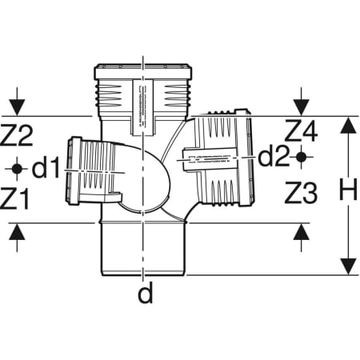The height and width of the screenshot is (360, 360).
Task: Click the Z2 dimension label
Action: (17, 135)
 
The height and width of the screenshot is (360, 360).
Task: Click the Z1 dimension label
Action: (14, 198)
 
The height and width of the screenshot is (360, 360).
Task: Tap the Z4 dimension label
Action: (301, 130)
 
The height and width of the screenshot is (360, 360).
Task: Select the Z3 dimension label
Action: (301, 193)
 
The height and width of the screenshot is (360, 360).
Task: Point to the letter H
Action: (348, 190)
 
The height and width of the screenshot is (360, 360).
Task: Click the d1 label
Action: (46, 167)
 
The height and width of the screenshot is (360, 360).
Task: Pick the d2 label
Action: (274, 157)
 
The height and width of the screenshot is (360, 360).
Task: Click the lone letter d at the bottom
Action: (146, 292)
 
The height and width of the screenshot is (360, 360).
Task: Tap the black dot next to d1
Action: (17, 169)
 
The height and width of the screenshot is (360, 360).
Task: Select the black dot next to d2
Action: (301, 157)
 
